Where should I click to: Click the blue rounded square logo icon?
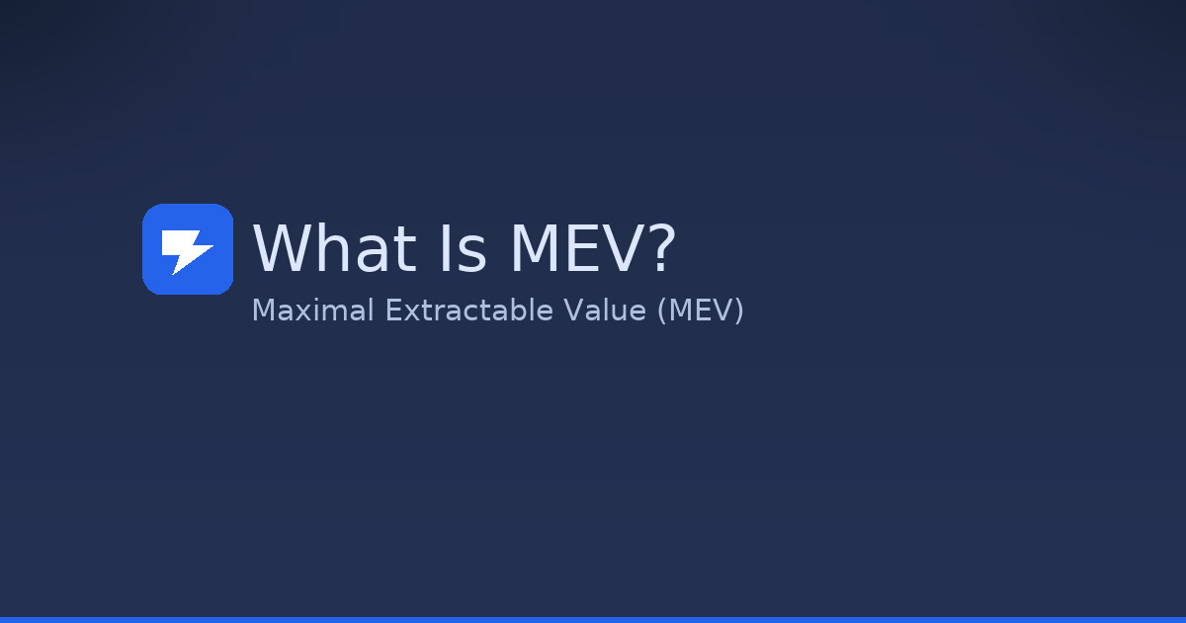point(188,249)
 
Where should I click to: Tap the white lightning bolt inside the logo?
point(186,250)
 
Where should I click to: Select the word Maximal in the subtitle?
point(312,311)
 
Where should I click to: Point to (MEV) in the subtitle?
point(700,311)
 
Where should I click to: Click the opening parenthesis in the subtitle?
point(661,311)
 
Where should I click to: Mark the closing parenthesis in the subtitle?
point(738,311)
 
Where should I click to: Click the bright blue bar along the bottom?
point(593,619)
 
